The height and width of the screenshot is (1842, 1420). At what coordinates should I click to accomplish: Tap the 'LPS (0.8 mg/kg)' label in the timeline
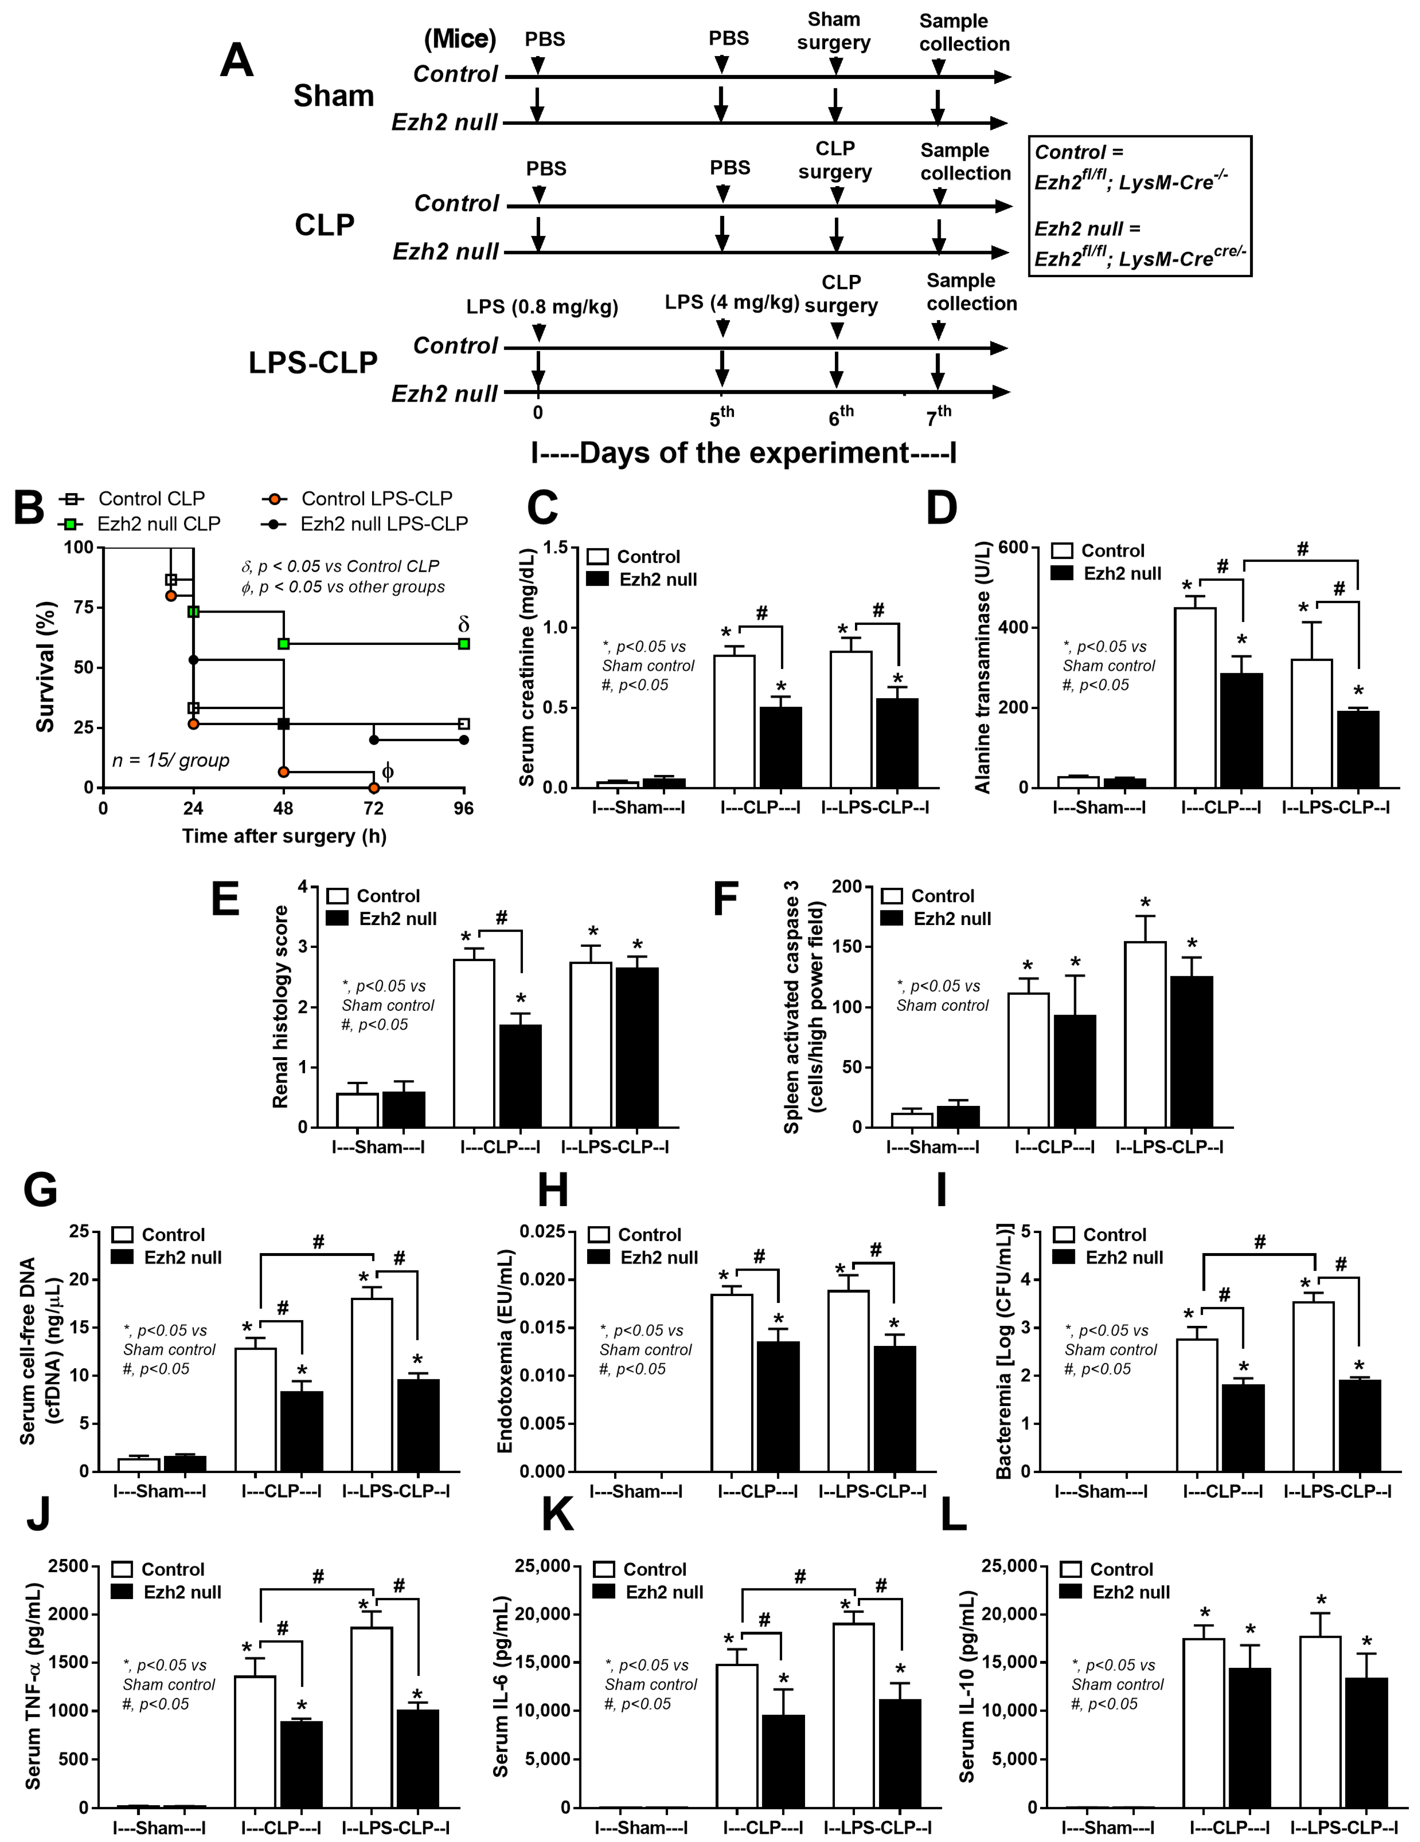point(542,307)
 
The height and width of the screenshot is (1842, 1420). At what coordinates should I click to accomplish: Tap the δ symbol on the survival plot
point(463,624)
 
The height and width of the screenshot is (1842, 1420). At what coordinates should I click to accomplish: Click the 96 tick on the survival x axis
point(464,808)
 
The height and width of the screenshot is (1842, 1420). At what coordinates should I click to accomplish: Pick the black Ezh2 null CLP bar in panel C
point(781,747)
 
